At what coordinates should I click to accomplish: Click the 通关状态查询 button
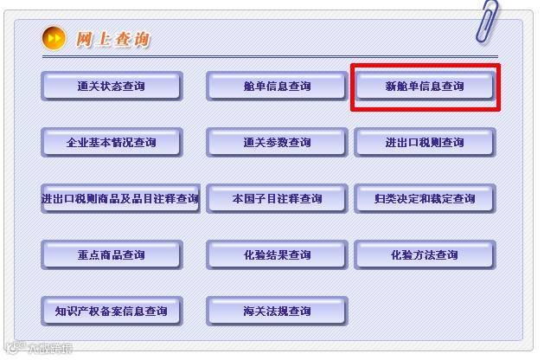tap(111, 86)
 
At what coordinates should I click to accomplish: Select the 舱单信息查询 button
tap(276, 86)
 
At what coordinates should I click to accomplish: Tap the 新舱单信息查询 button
tap(424, 86)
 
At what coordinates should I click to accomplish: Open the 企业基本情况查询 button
tap(111, 142)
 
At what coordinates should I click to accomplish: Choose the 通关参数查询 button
tap(276, 142)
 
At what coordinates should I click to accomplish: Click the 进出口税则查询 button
tap(424, 142)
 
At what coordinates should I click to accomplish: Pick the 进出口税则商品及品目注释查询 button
tap(120, 198)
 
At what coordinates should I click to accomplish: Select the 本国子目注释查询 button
tap(276, 198)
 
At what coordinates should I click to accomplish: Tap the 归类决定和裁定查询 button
tap(424, 198)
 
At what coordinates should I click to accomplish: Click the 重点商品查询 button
tap(111, 254)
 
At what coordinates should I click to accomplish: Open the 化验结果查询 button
tap(276, 254)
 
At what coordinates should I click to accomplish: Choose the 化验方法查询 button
tap(424, 254)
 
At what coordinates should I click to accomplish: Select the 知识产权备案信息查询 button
tap(111, 311)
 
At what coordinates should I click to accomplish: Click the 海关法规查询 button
tap(276, 311)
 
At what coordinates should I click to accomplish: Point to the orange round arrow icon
tap(54, 38)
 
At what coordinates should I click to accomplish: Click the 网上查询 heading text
tap(112, 39)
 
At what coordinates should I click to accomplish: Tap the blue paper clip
tap(486, 22)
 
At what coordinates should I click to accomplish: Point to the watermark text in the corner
tap(39, 349)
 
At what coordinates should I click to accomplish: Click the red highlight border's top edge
tap(424, 65)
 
